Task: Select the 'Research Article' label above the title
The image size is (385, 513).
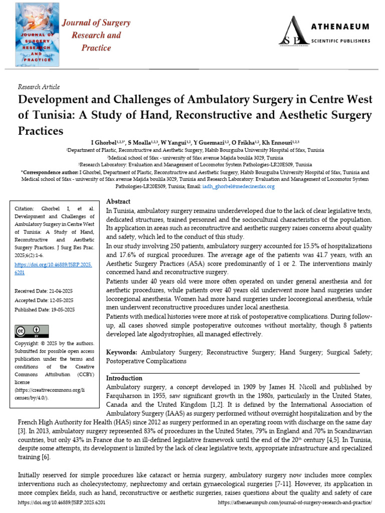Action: click(x=38, y=87)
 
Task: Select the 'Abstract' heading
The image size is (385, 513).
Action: click(x=118, y=201)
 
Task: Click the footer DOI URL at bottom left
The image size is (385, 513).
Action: click(x=62, y=502)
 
